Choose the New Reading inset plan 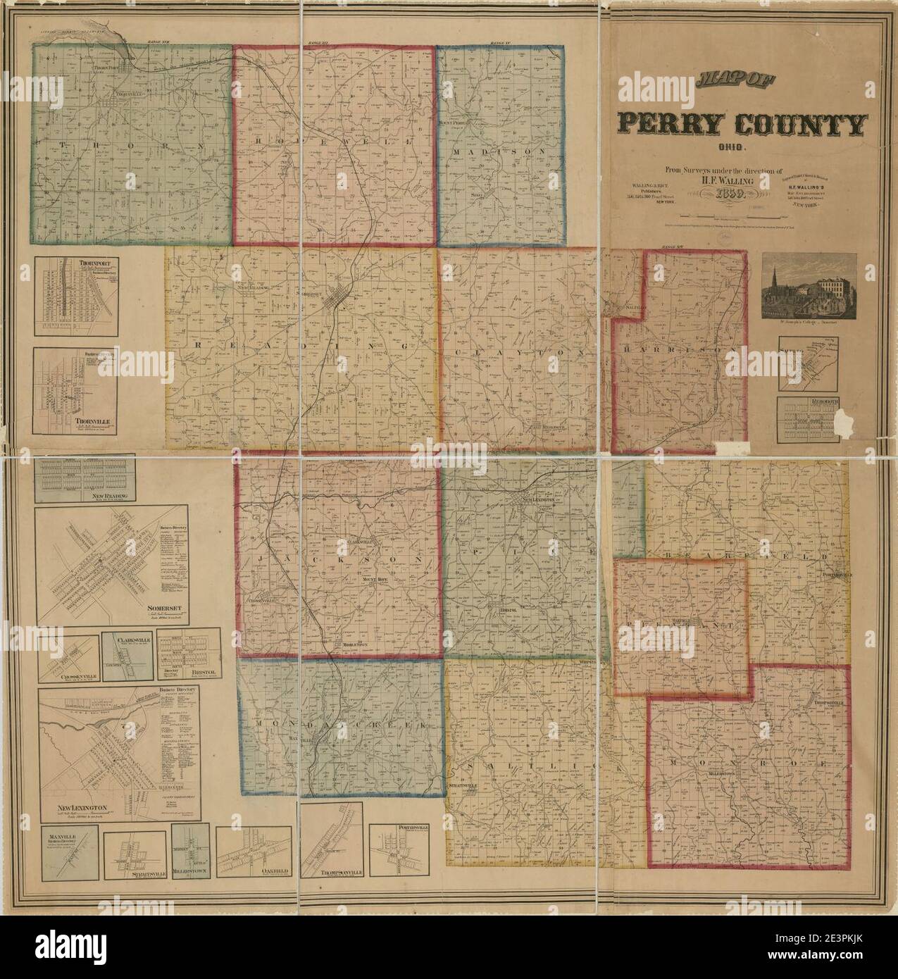[85, 479]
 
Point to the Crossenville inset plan [68, 662]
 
